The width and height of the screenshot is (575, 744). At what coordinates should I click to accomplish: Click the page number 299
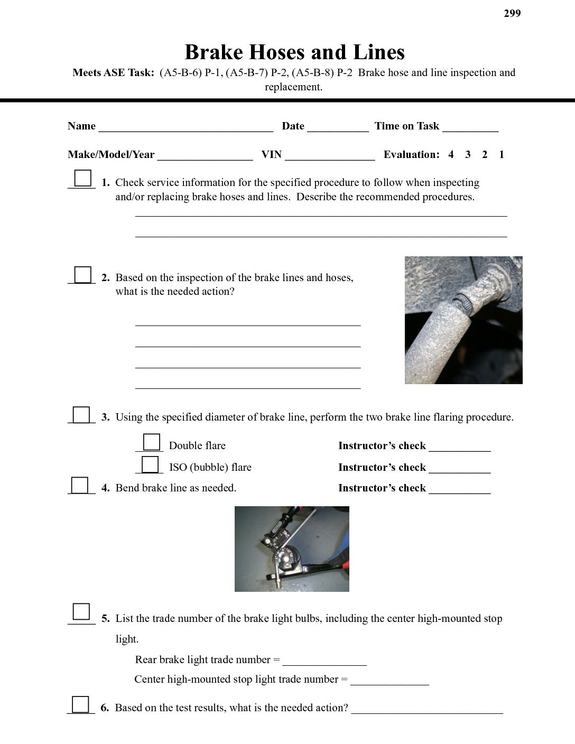pyautogui.click(x=512, y=14)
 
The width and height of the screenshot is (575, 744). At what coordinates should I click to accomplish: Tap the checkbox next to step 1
pyautogui.click(x=82, y=178)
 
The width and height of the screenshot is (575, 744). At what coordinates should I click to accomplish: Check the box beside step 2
pyautogui.click(x=82, y=275)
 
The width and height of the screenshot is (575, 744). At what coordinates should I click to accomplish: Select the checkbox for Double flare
pyautogui.click(x=152, y=442)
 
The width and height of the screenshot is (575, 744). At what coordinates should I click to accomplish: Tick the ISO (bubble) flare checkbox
pyautogui.click(x=150, y=464)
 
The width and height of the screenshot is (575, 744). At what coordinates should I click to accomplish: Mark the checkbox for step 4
pyautogui.click(x=80, y=485)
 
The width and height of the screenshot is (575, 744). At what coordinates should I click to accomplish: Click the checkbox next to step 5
pyautogui.click(x=81, y=611)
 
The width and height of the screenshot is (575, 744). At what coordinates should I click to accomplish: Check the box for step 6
pyautogui.click(x=80, y=705)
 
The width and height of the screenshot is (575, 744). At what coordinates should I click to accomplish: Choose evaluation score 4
pyautogui.click(x=451, y=155)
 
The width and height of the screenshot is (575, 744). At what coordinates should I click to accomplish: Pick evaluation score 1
pyautogui.click(x=501, y=155)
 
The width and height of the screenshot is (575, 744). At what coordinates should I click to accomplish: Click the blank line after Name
pyautogui.click(x=186, y=127)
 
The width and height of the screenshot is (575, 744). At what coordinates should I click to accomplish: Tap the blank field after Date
pyautogui.click(x=338, y=127)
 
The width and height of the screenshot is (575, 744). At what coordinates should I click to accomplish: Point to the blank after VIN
pyautogui.click(x=330, y=156)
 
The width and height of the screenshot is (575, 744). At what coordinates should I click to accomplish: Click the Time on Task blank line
pyautogui.click(x=470, y=127)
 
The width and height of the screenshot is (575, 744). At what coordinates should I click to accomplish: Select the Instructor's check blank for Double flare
pyautogui.click(x=460, y=447)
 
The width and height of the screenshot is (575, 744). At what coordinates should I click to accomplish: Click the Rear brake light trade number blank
pyautogui.click(x=324, y=661)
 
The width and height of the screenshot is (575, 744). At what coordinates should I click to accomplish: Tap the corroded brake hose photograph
pyautogui.click(x=463, y=320)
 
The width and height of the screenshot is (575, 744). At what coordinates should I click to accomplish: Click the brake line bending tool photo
pyautogui.click(x=292, y=549)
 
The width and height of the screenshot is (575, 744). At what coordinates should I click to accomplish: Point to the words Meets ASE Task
pyautogui.click(x=113, y=73)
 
